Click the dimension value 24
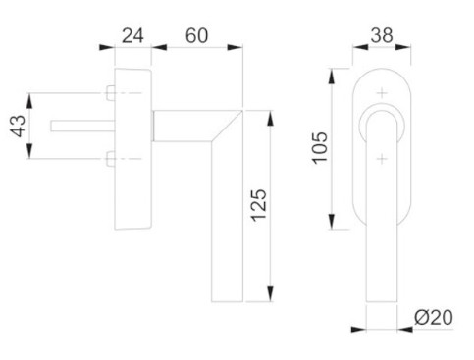pos(132,35)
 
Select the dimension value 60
pos(196,35)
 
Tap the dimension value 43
pos(18,126)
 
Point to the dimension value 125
pos(259,205)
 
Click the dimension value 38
pos(382,35)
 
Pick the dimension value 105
pos(320,148)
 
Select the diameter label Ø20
pos(434,317)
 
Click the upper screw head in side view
pos(111,93)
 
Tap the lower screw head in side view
pos(111,159)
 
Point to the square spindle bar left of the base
pos(82,127)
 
